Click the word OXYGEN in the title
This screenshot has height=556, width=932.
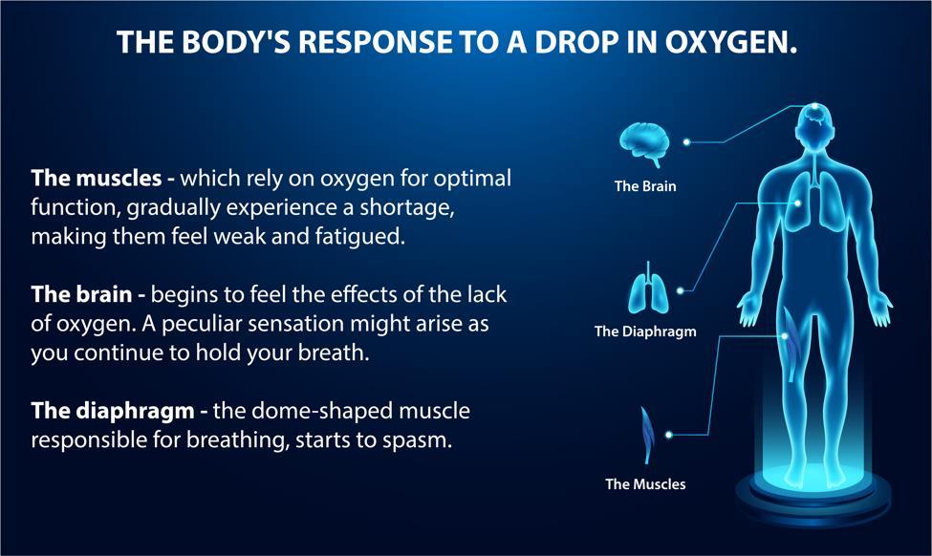730,42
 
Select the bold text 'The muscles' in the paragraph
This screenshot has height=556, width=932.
97,178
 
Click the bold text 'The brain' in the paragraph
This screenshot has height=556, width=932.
81,294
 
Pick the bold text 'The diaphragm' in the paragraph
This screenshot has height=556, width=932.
113,411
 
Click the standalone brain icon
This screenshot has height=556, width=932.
644,144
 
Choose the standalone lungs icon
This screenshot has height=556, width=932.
648,289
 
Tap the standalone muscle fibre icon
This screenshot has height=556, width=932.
647,435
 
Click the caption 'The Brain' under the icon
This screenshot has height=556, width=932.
645,186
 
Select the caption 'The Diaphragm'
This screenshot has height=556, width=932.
645,331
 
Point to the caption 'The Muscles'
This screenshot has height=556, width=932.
645,484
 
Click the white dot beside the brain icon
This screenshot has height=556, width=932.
686,142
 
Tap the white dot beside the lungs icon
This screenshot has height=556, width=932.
680,290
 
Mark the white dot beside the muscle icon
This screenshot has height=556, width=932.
669,435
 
